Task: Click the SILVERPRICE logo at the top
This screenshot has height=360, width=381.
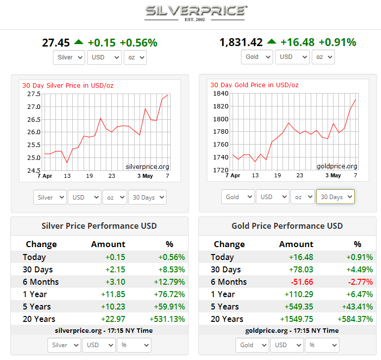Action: (x=196, y=13)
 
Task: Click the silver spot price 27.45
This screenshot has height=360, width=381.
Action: (x=56, y=43)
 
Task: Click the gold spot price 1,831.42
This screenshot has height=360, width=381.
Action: (x=241, y=43)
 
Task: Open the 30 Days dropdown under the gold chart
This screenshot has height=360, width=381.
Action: (x=335, y=197)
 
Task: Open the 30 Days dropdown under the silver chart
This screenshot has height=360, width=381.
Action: (x=147, y=197)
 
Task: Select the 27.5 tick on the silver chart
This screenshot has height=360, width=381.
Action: (x=34, y=94)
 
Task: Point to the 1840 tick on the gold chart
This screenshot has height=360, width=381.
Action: (x=221, y=94)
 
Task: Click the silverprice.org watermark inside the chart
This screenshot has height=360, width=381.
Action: (x=147, y=166)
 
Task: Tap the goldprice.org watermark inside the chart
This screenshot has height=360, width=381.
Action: (x=337, y=166)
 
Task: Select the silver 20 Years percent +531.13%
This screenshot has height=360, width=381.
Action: (x=167, y=319)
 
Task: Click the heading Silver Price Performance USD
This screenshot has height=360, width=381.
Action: (x=99, y=226)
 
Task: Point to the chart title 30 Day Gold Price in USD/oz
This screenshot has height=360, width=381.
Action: (x=254, y=85)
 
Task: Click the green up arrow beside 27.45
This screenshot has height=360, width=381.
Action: (x=79, y=42)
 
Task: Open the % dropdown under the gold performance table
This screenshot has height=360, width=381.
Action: (x=322, y=345)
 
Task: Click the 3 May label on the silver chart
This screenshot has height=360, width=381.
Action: (x=145, y=176)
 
